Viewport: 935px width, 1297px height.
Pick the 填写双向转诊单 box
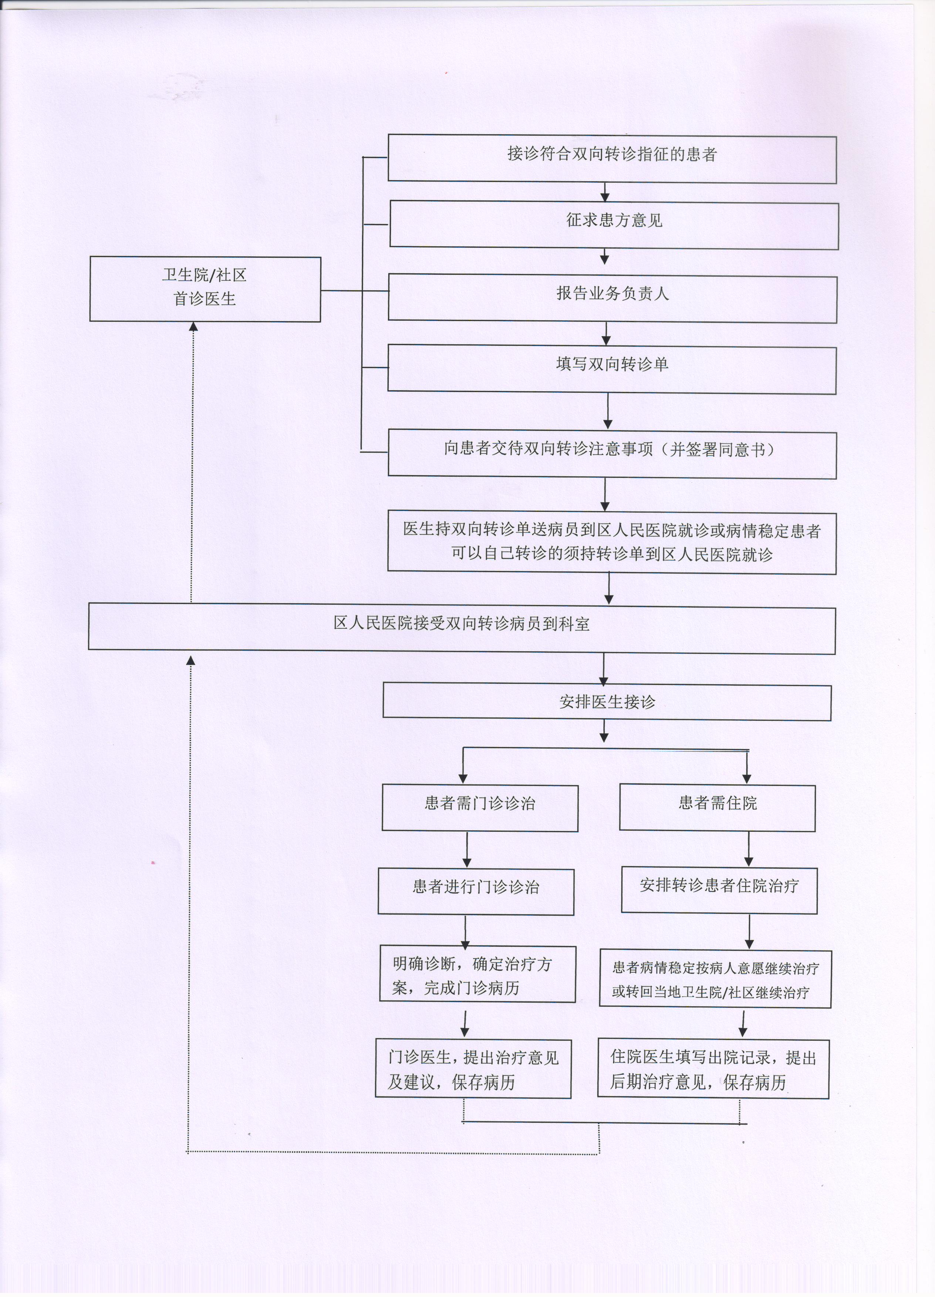click(x=612, y=369)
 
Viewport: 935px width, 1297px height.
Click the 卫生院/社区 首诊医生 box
click(x=205, y=289)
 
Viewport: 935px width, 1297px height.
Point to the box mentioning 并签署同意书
click(x=612, y=455)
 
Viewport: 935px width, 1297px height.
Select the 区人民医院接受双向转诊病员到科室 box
click(x=462, y=629)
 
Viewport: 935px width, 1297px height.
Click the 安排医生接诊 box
click(x=607, y=702)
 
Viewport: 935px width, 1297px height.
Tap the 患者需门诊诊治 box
click(x=480, y=807)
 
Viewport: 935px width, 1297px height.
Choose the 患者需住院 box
click(x=717, y=807)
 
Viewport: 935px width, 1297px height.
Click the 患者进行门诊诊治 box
click(x=476, y=891)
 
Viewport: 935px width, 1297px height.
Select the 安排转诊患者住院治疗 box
click(x=719, y=891)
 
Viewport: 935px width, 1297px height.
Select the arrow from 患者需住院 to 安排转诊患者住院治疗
click(x=749, y=850)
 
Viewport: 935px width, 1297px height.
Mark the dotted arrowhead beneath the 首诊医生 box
click(x=193, y=327)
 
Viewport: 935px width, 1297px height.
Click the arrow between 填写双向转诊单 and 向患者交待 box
click(x=608, y=412)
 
